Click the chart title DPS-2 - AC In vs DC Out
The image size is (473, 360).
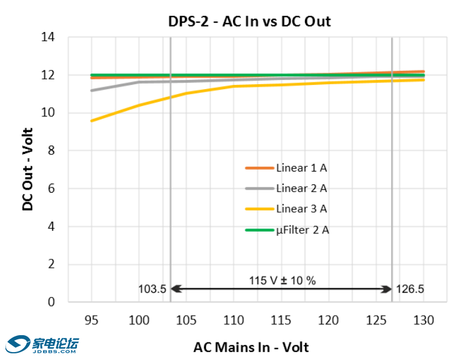coord(249,21)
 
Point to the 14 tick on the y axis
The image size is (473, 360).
coord(47,38)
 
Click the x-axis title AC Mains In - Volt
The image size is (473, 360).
coord(251,347)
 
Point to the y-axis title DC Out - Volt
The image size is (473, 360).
coord(28,170)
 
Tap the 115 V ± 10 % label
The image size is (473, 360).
coord(282,281)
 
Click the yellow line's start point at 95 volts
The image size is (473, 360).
coord(92,121)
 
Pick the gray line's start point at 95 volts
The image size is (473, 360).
coord(92,90)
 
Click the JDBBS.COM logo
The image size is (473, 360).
coord(42,344)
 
